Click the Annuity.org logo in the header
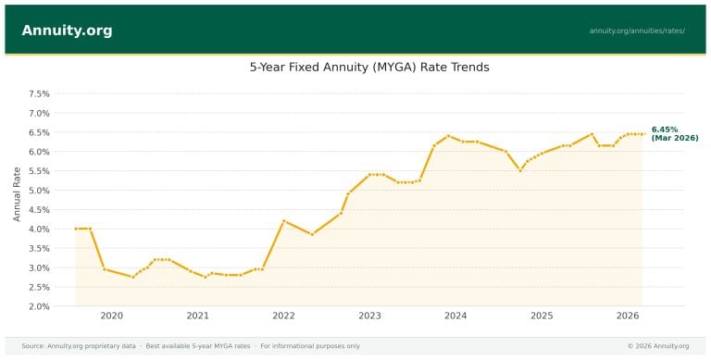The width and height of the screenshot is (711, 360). click(67, 31)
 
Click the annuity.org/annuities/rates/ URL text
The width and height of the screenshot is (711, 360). click(637, 31)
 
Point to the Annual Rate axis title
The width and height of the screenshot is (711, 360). click(17, 193)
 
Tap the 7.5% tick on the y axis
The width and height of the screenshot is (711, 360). click(38, 93)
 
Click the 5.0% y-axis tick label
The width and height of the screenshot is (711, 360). click(38, 191)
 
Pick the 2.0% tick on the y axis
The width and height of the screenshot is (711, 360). click(38, 306)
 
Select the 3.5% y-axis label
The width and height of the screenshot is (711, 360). click(38, 248)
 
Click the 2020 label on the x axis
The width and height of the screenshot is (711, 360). click(111, 317)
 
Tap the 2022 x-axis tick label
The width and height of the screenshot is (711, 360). click(283, 317)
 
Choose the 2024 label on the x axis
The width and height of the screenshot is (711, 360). click(455, 317)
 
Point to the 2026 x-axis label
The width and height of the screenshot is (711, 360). click(628, 317)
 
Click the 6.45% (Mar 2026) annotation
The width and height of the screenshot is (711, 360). click(674, 133)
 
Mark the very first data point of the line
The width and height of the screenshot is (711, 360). click(76, 229)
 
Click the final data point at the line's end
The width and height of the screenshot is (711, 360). click(643, 133)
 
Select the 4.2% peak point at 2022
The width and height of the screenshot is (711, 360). click(283, 221)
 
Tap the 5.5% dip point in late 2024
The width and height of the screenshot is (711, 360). click(520, 170)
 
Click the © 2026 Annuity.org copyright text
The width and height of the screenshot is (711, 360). click(657, 346)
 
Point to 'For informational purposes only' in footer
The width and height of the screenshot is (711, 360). click(309, 346)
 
